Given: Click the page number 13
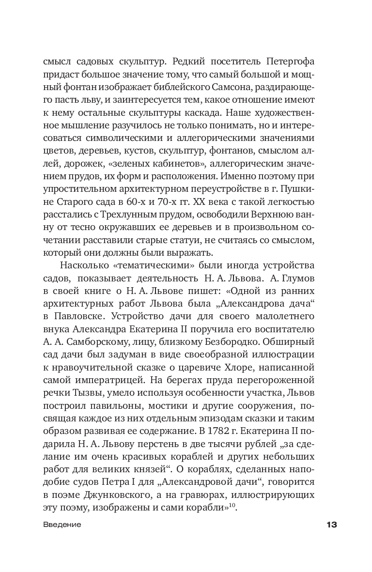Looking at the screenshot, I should click(x=331, y=525).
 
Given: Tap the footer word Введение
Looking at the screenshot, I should click(x=62, y=525).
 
